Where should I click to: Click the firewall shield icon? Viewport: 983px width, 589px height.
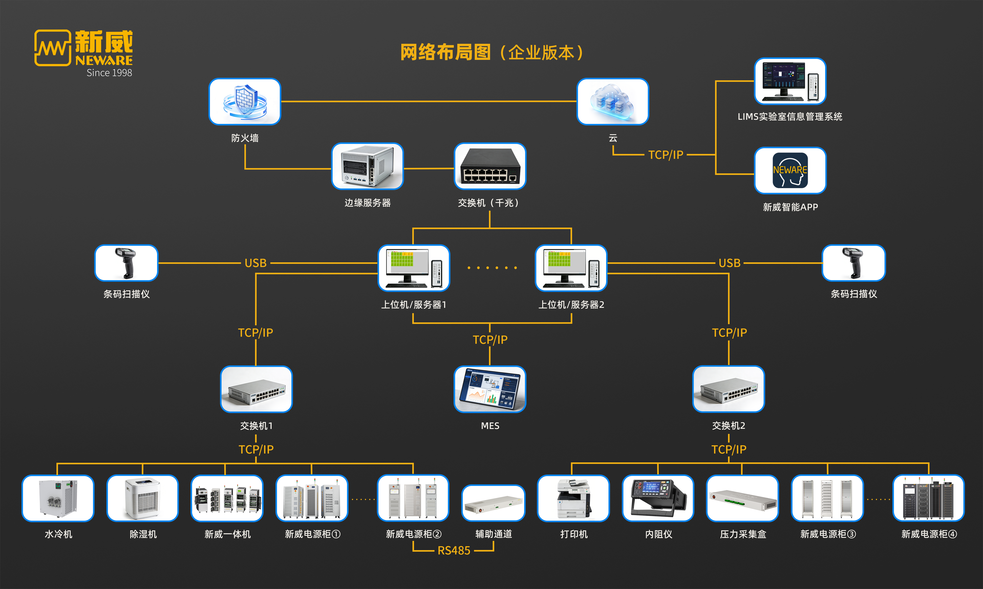pos(245,102)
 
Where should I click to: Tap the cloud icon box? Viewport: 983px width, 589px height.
pos(612,102)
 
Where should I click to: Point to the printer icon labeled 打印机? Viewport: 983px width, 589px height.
pos(573,498)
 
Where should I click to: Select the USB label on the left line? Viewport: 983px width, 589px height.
pos(256,263)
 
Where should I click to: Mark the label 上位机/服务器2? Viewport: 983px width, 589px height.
pos(571,305)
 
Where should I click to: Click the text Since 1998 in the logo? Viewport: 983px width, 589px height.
pos(109,73)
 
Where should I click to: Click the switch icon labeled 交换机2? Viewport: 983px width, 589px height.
pos(728,389)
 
